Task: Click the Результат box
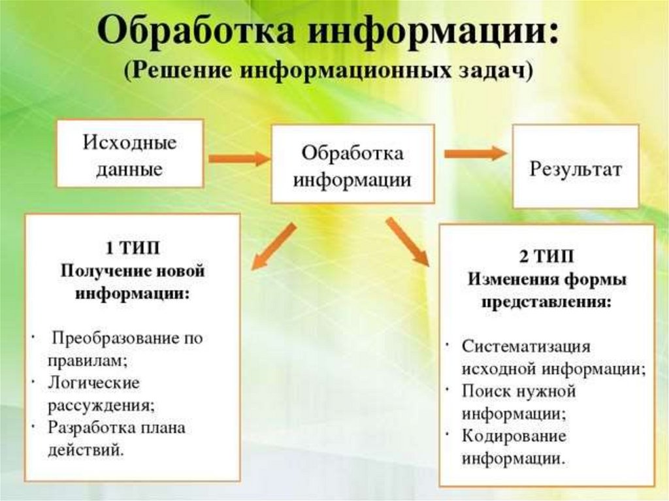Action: [x=575, y=170]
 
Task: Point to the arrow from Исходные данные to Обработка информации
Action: [x=238, y=158]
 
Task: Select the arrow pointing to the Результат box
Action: [x=476, y=154]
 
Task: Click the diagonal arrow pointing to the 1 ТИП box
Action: [x=274, y=246]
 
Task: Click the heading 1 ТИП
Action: [x=133, y=249]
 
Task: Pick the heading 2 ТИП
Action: [x=547, y=258]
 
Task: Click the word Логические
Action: [x=93, y=382]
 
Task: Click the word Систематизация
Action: [x=527, y=346]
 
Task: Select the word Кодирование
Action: [x=514, y=436]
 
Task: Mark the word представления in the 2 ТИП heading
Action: [x=547, y=303]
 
